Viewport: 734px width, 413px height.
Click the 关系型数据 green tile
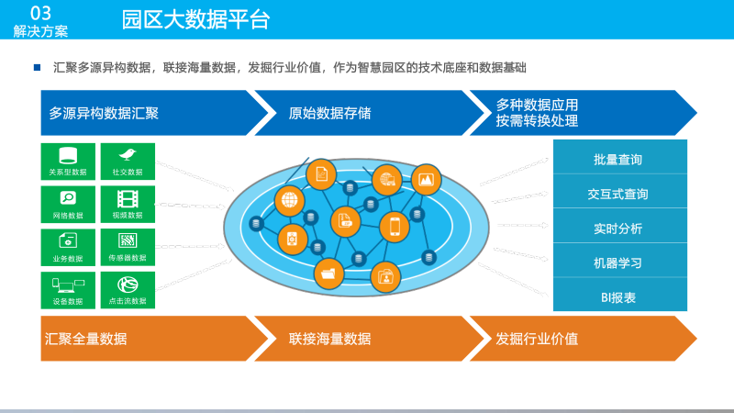(x=68, y=161)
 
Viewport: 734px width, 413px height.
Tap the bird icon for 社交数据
(x=128, y=154)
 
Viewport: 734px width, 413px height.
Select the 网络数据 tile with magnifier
(x=68, y=204)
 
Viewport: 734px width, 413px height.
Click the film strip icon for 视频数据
(x=128, y=197)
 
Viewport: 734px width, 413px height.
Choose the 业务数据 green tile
(x=68, y=247)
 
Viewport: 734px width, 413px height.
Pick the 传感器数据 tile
(x=128, y=247)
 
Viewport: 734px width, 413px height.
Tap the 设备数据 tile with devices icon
(x=68, y=289)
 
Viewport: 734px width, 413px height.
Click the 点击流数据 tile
(x=128, y=289)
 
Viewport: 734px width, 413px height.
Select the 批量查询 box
(x=619, y=159)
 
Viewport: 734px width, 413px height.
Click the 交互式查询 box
(x=619, y=194)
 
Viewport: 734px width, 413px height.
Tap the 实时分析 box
(x=619, y=229)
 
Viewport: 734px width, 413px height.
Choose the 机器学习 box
(x=619, y=262)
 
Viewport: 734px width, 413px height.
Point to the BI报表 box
(x=619, y=297)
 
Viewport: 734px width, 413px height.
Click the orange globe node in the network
(x=290, y=198)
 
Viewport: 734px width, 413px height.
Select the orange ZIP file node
(x=346, y=219)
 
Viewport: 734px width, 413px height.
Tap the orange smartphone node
(x=395, y=226)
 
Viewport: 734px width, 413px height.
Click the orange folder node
(x=328, y=272)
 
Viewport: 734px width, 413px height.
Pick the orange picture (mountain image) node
(x=426, y=180)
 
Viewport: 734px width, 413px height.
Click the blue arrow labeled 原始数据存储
(x=358, y=113)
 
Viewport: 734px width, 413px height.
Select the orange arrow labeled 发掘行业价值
(x=578, y=339)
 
